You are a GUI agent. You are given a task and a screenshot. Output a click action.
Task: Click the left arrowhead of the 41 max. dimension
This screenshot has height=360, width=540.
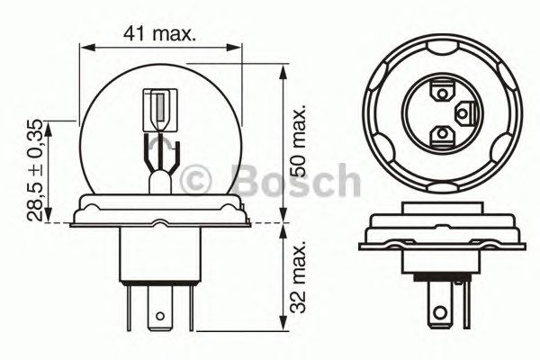pyautogui.click(x=82, y=44)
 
